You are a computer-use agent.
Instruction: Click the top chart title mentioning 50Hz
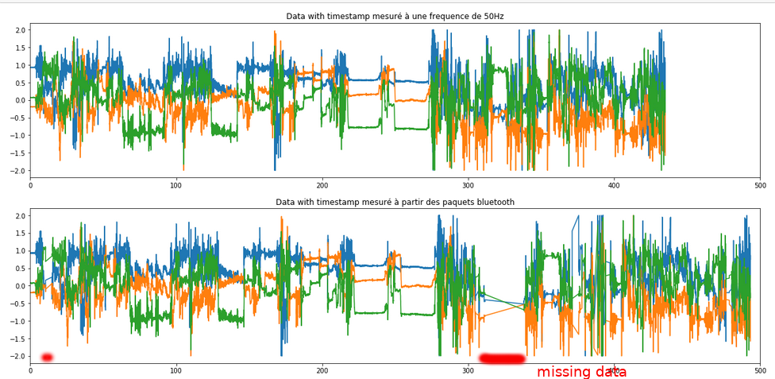click(x=395, y=16)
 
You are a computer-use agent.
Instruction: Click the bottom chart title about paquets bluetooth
click(x=395, y=202)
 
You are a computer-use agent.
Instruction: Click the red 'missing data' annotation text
click(x=581, y=372)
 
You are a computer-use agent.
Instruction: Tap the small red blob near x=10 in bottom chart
click(x=47, y=358)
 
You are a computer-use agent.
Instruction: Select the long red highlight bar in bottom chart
click(x=501, y=358)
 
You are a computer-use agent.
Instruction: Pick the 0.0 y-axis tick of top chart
click(x=21, y=100)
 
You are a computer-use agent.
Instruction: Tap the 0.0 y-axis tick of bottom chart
click(x=21, y=286)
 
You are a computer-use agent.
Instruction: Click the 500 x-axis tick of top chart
click(x=760, y=185)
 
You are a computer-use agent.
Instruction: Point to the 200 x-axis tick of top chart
click(x=322, y=185)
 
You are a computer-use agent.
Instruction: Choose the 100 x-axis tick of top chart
click(x=176, y=185)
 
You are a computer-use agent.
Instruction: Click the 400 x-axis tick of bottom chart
click(x=614, y=371)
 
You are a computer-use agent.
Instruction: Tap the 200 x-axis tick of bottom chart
click(x=322, y=371)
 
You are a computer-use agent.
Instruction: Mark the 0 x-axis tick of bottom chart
click(x=30, y=371)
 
